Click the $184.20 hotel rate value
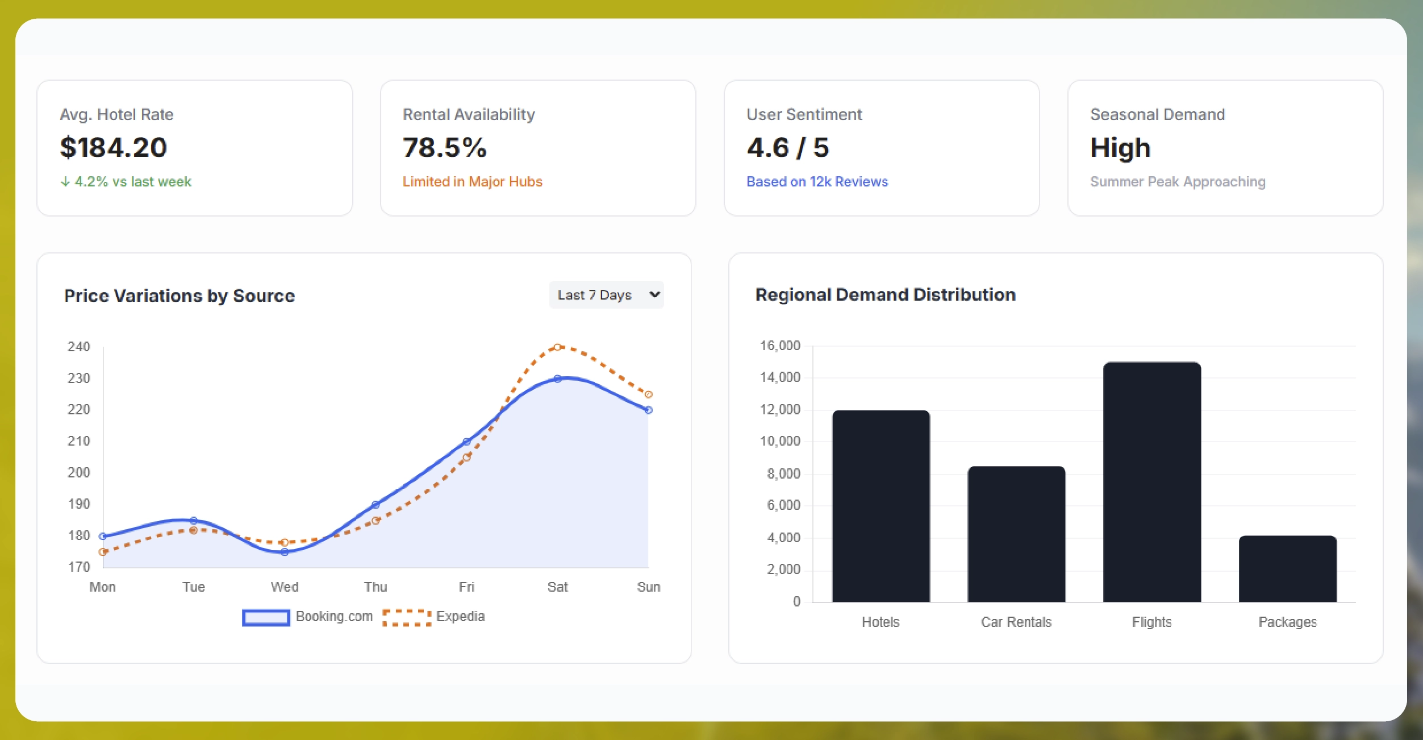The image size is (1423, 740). pos(114,148)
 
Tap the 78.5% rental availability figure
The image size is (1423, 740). pos(445,148)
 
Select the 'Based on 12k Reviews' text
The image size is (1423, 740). pos(817,182)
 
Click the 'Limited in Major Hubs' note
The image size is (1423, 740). pos(472,182)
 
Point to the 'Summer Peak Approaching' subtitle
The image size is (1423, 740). pos(1177,182)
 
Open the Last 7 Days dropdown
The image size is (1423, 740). pos(606,295)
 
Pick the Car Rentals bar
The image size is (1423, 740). pos(1016,534)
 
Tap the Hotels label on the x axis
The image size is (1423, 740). pos(880,622)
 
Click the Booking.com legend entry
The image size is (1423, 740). pos(307,617)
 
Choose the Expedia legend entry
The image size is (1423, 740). pos(434,617)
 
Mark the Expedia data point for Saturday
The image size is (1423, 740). pos(557,347)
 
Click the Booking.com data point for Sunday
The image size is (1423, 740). pos(648,410)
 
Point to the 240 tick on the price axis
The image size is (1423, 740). pos(78,347)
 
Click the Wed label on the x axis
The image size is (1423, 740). pos(285,587)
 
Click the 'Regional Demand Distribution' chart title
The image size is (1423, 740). pos(885,295)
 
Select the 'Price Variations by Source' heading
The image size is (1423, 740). pos(180,296)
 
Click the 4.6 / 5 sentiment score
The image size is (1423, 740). pos(788,148)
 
